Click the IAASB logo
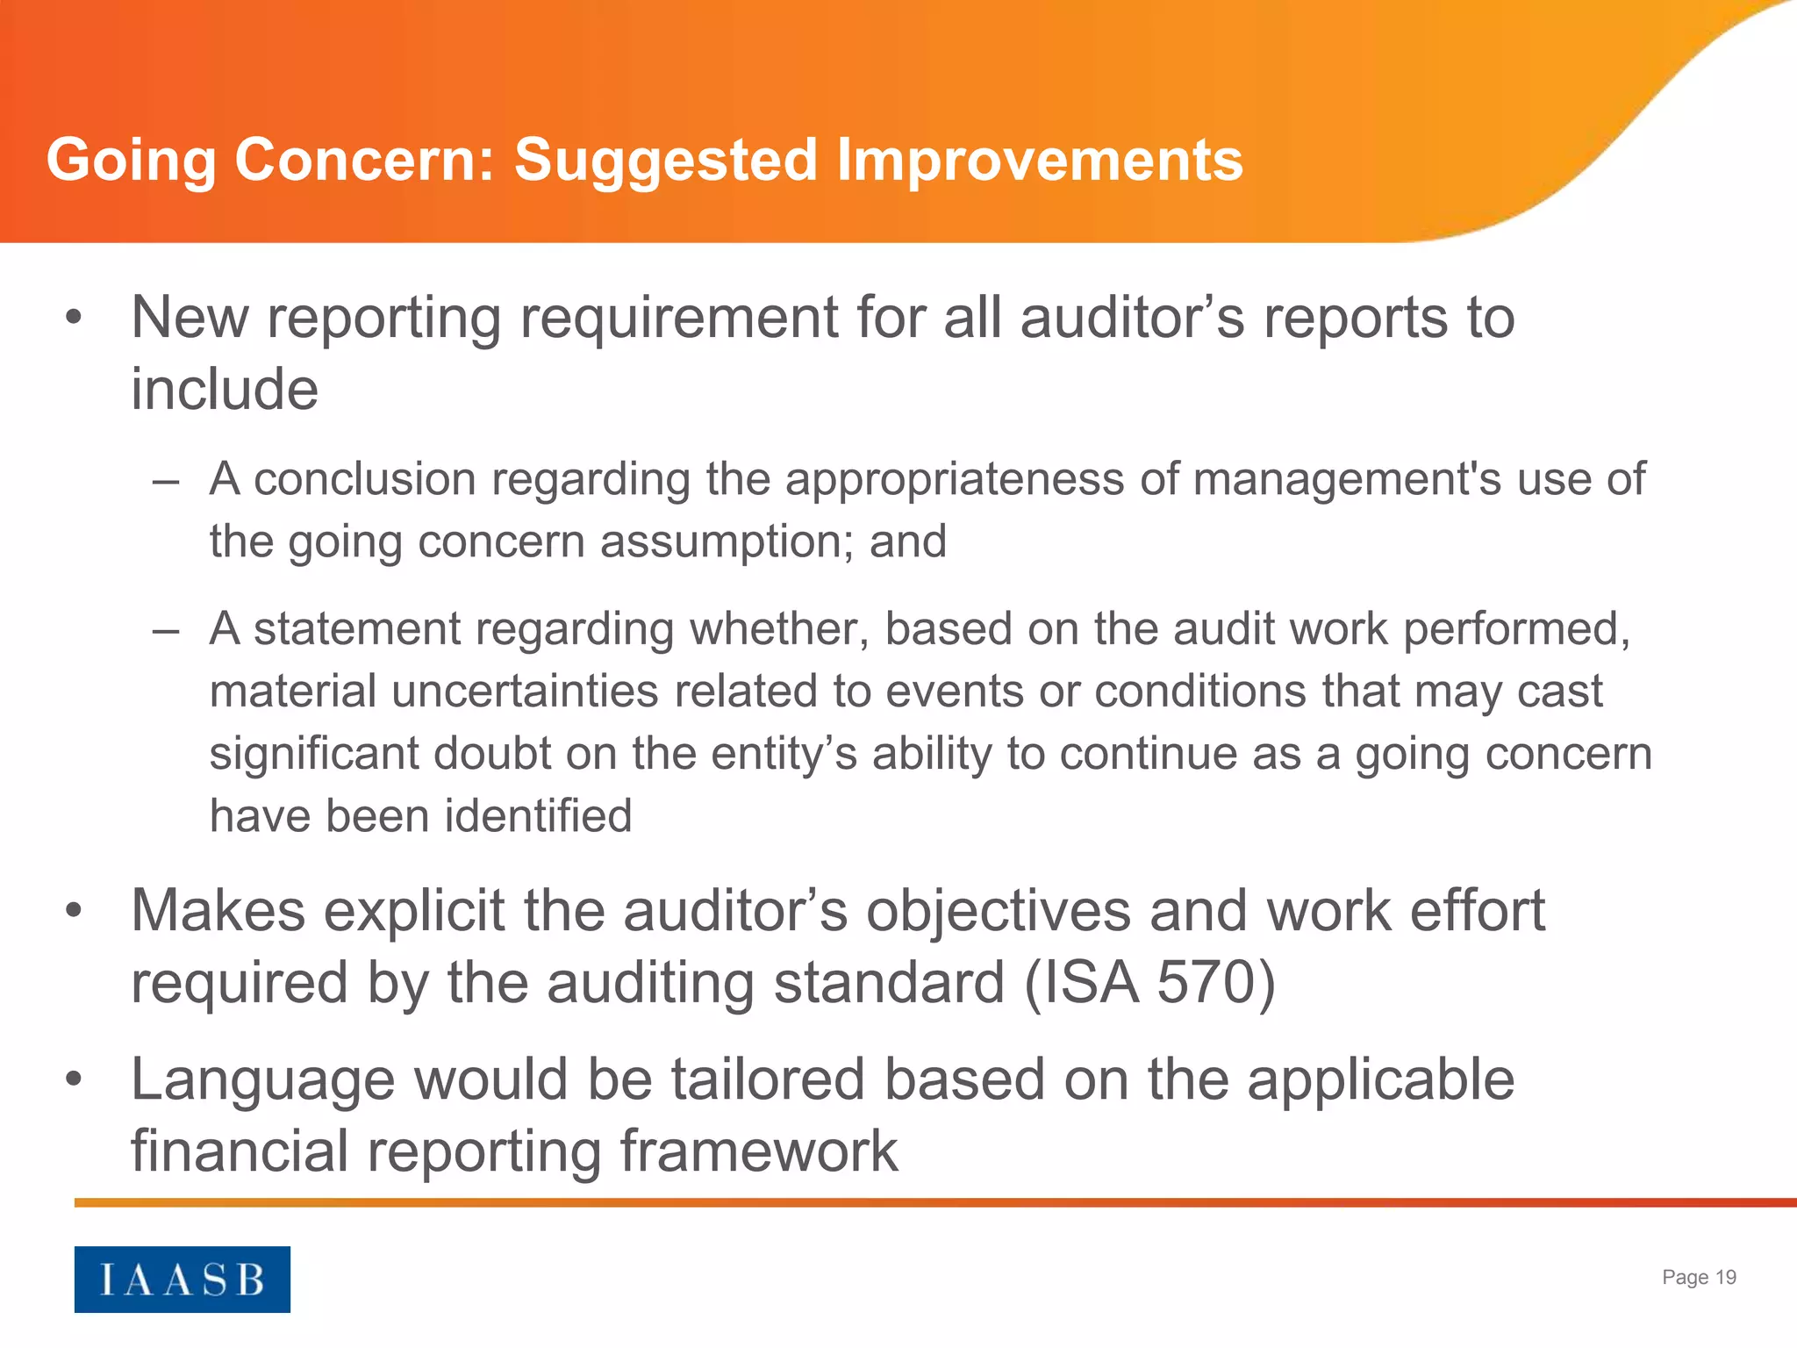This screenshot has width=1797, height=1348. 182,1279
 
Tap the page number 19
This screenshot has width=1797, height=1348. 1725,1278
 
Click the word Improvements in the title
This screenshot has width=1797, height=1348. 1040,160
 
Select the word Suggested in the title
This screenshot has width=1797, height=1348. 666,161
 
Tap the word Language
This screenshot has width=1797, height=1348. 262,1081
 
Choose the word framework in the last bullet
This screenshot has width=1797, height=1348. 759,1151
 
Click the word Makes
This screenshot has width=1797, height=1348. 218,911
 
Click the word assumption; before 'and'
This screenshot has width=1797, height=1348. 727,542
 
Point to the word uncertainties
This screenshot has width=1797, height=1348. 525,692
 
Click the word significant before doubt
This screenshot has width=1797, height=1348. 313,754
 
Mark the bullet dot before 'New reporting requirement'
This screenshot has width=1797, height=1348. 74,318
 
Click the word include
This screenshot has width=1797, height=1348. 225,389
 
